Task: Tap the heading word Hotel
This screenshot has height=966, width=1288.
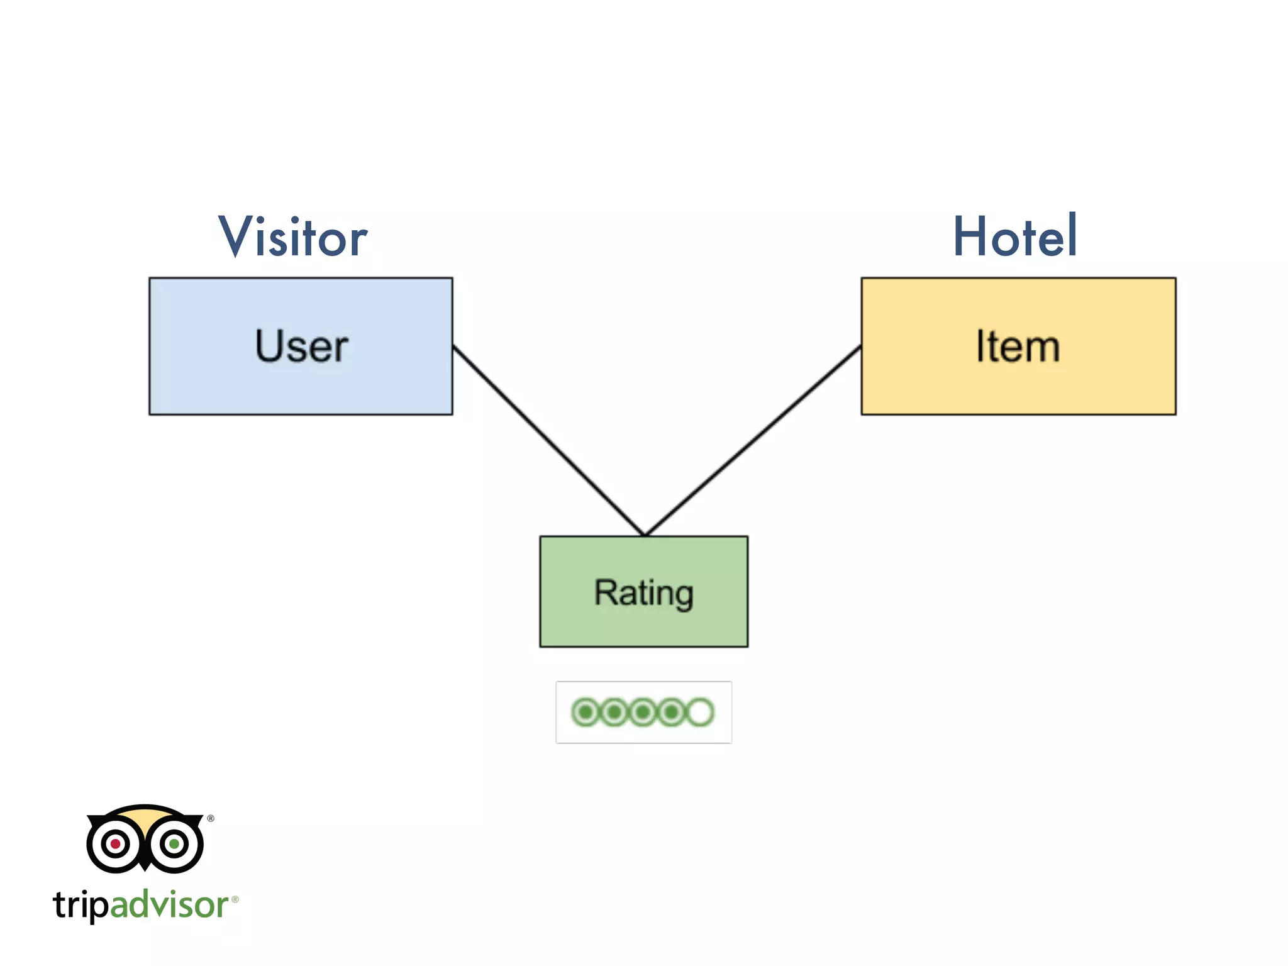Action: point(1015,236)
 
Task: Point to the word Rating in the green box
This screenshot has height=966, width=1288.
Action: point(644,592)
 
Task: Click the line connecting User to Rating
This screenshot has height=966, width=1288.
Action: point(547,440)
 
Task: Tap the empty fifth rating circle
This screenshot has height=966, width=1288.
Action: point(701,712)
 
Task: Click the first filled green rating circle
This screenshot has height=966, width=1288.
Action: point(586,712)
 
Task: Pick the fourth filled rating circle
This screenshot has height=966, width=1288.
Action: point(672,712)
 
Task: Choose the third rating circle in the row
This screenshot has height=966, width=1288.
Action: point(643,712)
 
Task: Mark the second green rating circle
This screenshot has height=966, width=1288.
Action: point(614,712)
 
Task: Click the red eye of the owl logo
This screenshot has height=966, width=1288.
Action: point(116,843)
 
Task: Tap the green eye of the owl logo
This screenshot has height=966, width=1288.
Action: point(174,843)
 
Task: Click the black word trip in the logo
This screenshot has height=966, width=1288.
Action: point(80,906)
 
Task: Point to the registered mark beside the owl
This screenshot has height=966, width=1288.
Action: point(211,818)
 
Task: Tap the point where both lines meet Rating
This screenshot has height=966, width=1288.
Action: point(644,535)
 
